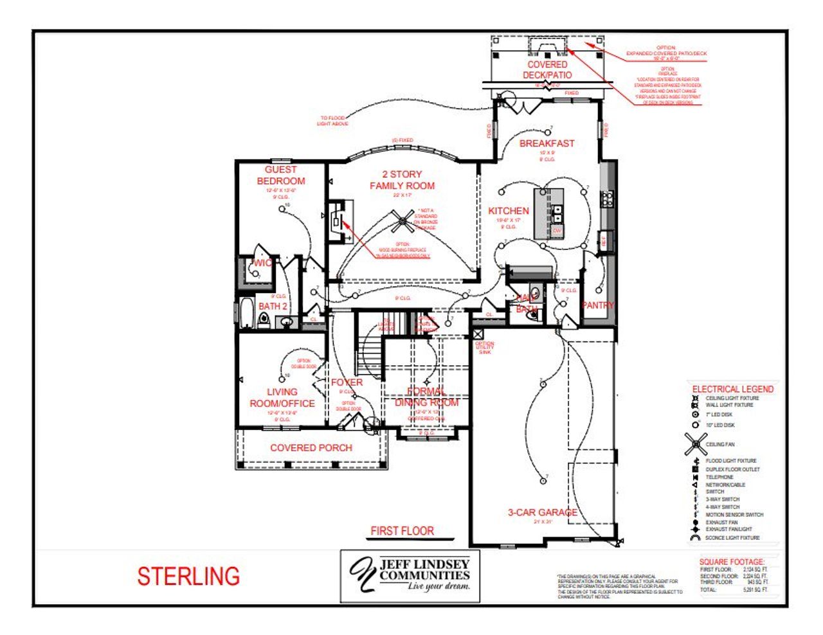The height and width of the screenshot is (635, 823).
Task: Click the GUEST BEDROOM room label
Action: [x=281, y=175]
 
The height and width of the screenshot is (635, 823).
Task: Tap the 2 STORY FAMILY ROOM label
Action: [x=402, y=180]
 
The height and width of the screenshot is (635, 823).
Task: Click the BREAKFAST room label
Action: [x=547, y=143]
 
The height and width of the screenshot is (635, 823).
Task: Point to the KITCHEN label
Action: [x=509, y=211]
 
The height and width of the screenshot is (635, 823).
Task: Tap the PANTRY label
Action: [x=598, y=305]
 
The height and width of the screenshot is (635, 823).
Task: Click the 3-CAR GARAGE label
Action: [x=542, y=512]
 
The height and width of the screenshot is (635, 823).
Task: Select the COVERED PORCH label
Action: [x=311, y=448]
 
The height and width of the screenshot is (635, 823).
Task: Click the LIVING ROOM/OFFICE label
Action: [x=282, y=397]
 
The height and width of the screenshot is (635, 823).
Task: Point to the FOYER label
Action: [x=347, y=382]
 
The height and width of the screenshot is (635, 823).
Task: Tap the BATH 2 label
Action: [x=273, y=307]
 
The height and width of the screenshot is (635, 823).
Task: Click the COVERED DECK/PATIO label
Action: [x=547, y=69]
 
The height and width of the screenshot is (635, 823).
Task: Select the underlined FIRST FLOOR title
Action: [x=402, y=531]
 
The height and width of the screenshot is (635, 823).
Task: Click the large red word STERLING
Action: [x=188, y=577]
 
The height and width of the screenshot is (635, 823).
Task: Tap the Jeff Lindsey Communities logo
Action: [x=410, y=576]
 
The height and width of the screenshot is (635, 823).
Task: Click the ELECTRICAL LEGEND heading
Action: [x=732, y=389]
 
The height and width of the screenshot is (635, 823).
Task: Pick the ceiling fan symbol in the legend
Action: [x=696, y=443]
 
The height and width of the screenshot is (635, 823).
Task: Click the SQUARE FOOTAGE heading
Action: [x=732, y=562]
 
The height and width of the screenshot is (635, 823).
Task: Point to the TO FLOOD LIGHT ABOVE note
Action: [x=332, y=121]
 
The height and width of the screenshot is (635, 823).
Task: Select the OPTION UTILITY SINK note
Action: [x=485, y=348]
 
